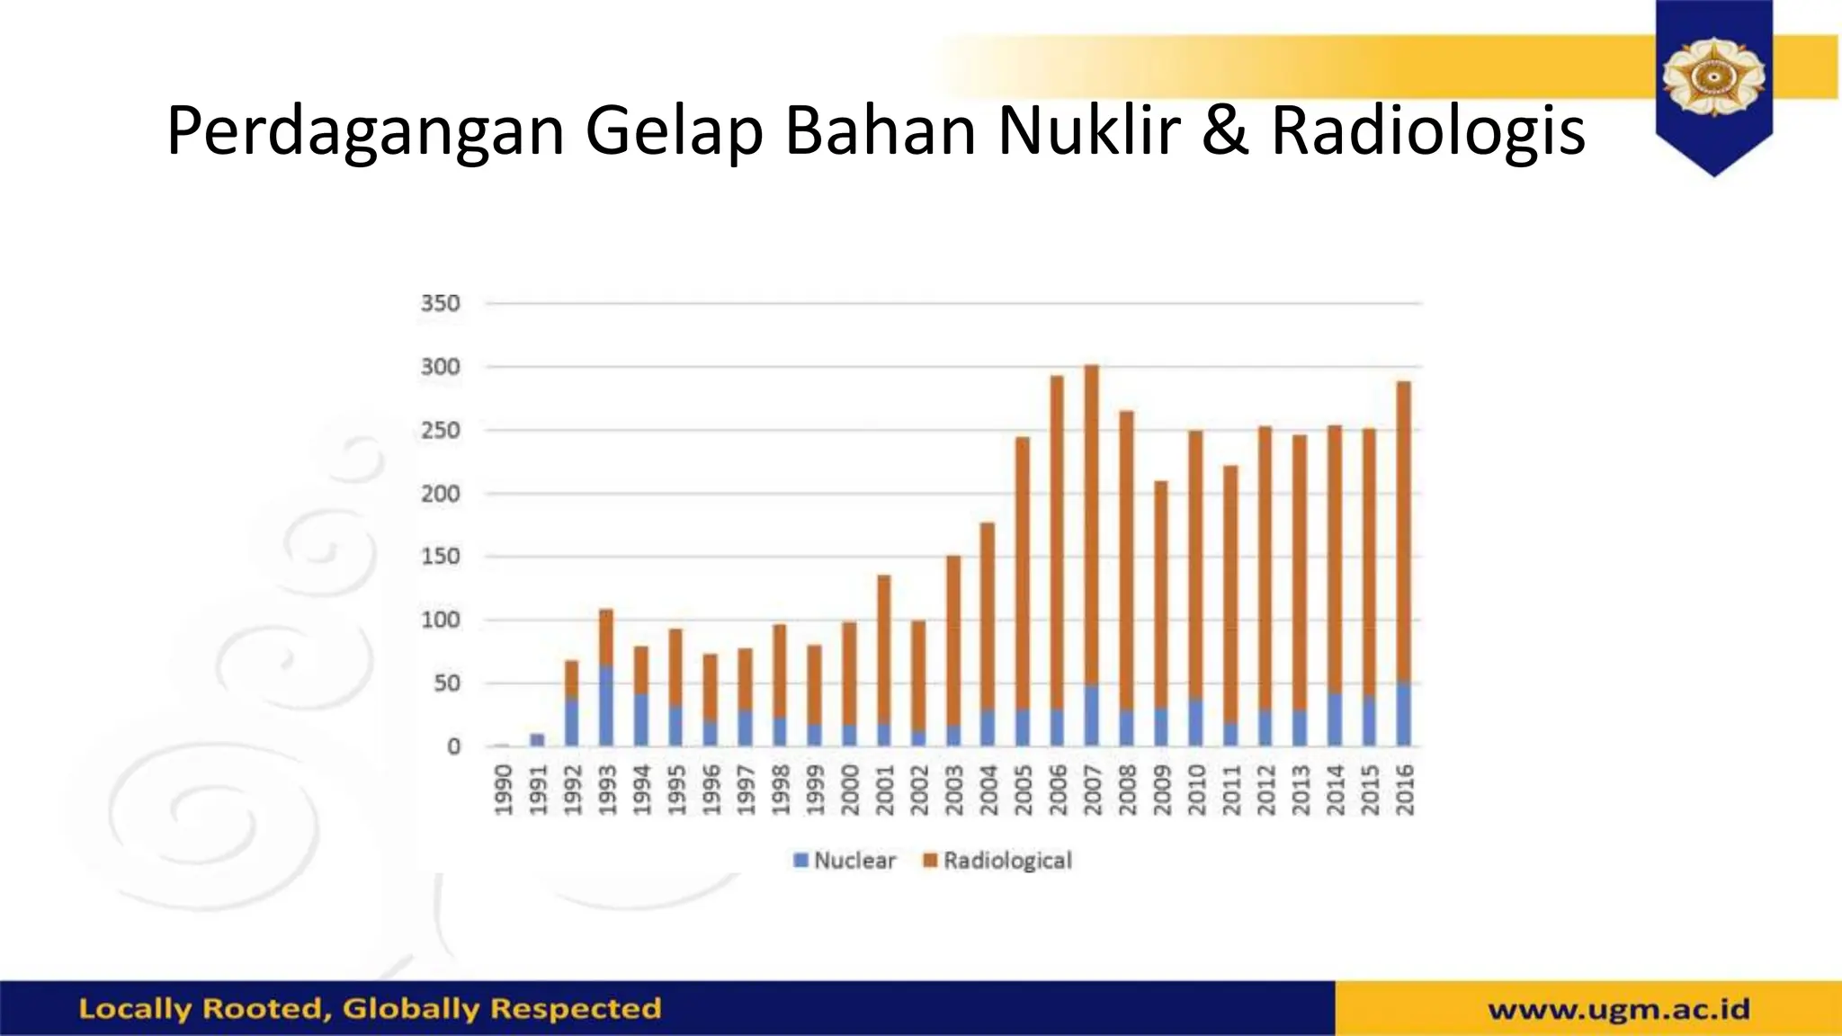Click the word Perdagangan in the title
[365, 132]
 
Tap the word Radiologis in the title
[1427, 132]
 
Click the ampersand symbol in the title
[1225, 130]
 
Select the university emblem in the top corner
[1713, 79]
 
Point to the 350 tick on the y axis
[440, 304]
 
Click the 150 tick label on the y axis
[440, 557]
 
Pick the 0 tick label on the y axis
[453, 746]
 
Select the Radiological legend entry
[998, 861]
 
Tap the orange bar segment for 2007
[1091, 522]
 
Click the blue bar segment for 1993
[606, 706]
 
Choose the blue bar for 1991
[537, 740]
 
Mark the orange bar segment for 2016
[1403, 531]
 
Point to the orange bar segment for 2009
[1161, 594]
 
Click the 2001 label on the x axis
[884, 790]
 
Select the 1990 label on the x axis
[503, 790]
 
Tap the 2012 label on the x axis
[1265, 790]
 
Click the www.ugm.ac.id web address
[1618, 1009]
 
